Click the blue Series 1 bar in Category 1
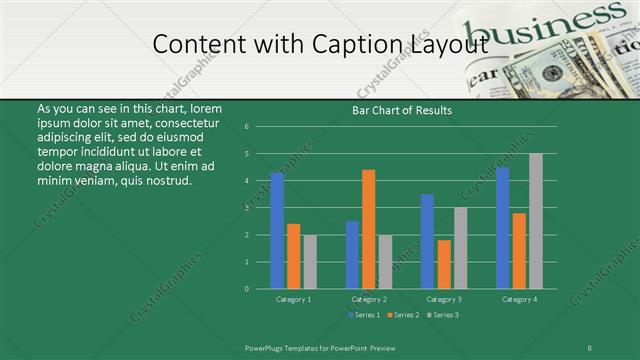[x=277, y=231]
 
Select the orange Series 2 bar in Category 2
[x=369, y=229]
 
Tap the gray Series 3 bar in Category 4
[x=536, y=221]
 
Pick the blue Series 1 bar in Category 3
[x=427, y=241]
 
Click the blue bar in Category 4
[x=502, y=228]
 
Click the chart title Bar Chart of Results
[x=402, y=110]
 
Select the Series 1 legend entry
[x=363, y=315]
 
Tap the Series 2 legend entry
[x=403, y=315]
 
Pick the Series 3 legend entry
[x=443, y=315]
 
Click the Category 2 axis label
[x=369, y=299]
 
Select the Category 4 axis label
[x=519, y=299]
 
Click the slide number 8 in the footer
[x=590, y=347]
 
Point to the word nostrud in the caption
[x=165, y=180]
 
